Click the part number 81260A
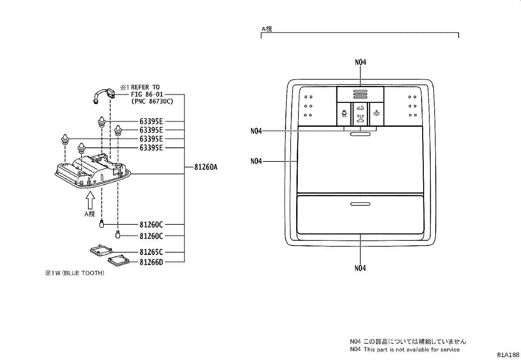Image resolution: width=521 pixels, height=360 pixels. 206,167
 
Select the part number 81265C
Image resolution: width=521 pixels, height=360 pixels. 151,252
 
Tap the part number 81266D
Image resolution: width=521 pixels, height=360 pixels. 151,262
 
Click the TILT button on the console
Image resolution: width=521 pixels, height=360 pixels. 360,114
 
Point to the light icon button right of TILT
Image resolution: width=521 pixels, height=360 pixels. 377,114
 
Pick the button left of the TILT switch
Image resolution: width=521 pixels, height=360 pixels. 344,114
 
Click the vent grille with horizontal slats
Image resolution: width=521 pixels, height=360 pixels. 360,95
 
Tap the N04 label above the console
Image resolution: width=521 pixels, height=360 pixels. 360,62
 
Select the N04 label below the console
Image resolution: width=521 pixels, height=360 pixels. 360,268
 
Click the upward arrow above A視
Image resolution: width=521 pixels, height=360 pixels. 90,200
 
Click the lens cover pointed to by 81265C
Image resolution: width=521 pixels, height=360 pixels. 100,251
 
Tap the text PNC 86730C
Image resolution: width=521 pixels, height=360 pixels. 152,102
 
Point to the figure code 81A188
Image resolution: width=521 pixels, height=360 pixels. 508,355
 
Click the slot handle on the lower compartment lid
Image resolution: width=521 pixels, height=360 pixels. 360,204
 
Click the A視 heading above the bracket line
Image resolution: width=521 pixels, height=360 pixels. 266,29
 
